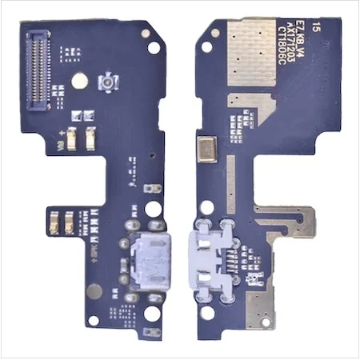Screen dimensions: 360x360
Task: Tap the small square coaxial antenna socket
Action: [105, 82]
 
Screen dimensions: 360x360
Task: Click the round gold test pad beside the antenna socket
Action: [79, 81]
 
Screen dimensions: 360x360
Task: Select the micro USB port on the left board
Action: [144, 264]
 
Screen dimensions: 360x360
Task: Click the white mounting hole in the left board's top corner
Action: [146, 34]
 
